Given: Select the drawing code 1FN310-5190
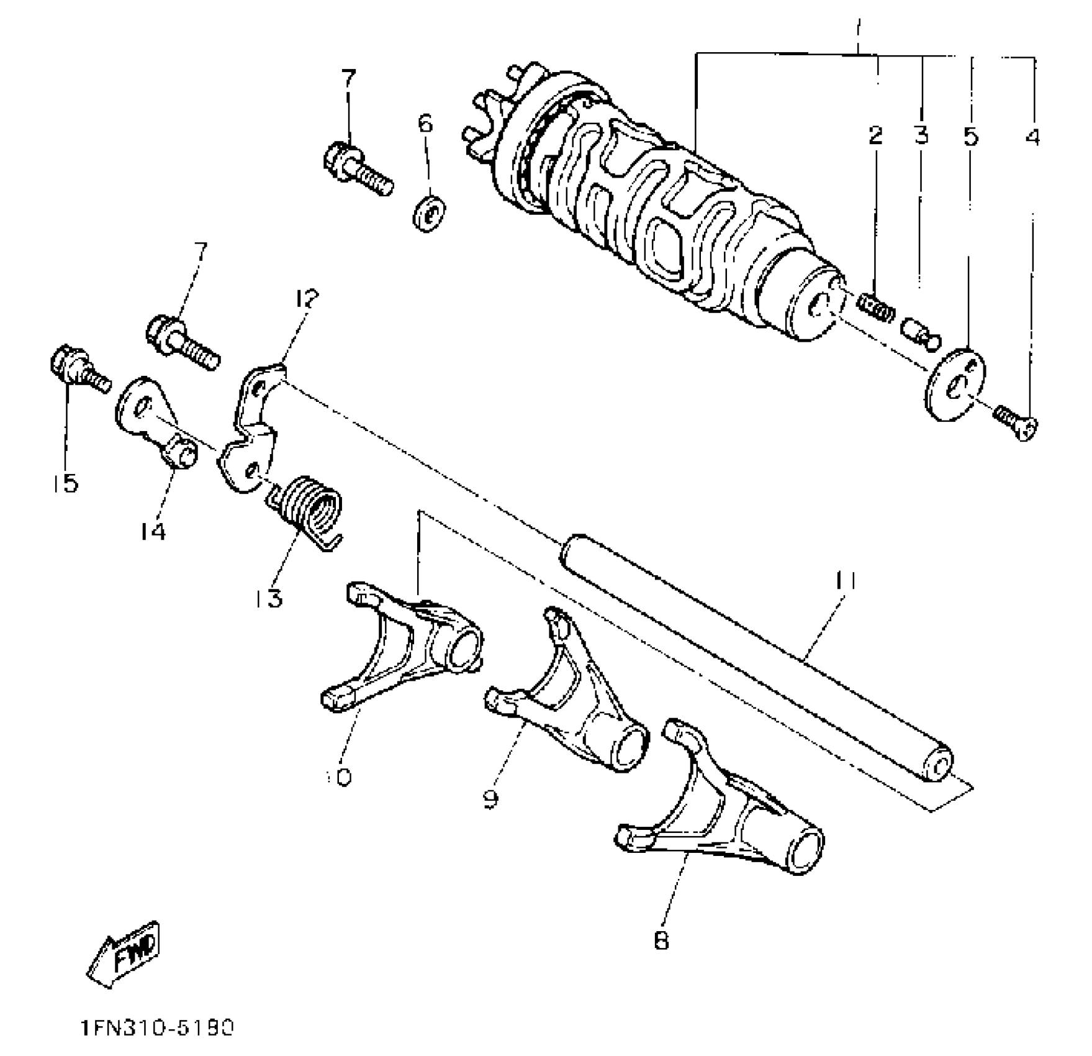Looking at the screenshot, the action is click(x=157, y=1028).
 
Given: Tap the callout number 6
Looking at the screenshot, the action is click(x=425, y=124).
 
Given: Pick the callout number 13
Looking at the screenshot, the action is click(x=268, y=598).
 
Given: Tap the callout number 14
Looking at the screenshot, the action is click(x=153, y=531).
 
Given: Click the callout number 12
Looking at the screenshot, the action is click(x=306, y=299).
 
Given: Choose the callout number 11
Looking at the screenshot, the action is click(x=846, y=581).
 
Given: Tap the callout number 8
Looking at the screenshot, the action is click(x=661, y=940).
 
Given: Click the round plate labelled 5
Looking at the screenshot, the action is click(x=955, y=384).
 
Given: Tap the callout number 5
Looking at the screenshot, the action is click(x=970, y=135).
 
